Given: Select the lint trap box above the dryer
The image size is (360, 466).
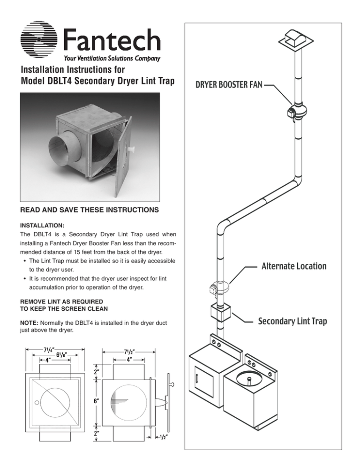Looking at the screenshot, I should pyautogui.click(x=219, y=313).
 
